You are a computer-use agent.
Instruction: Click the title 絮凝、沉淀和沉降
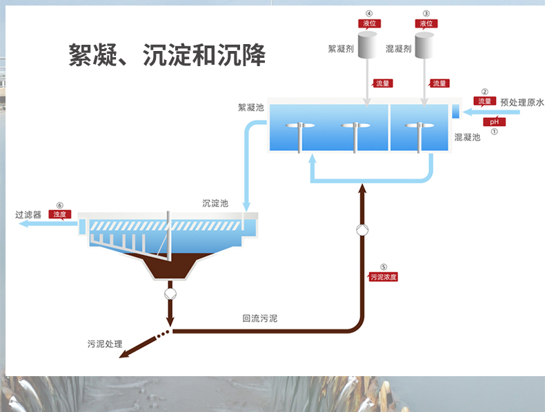tap(167, 54)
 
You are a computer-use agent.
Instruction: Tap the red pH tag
tap(494, 122)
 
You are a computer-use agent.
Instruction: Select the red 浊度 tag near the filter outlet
tap(59, 214)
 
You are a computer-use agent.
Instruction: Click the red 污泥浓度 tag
tap(384, 277)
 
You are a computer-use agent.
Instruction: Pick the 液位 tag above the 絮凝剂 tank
tap(369, 23)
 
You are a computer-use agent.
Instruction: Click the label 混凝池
tap(467, 137)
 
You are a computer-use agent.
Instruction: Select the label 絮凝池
tap(251, 107)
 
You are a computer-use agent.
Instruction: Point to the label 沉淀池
tap(215, 203)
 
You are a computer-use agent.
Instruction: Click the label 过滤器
tap(28, 215)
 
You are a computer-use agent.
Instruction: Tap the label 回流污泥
tap(260, 319)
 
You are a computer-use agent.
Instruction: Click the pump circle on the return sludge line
tap(362, 230)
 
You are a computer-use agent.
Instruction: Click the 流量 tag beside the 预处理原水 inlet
tap(485, 101)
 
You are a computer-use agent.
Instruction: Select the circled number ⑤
tap(384, 267)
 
